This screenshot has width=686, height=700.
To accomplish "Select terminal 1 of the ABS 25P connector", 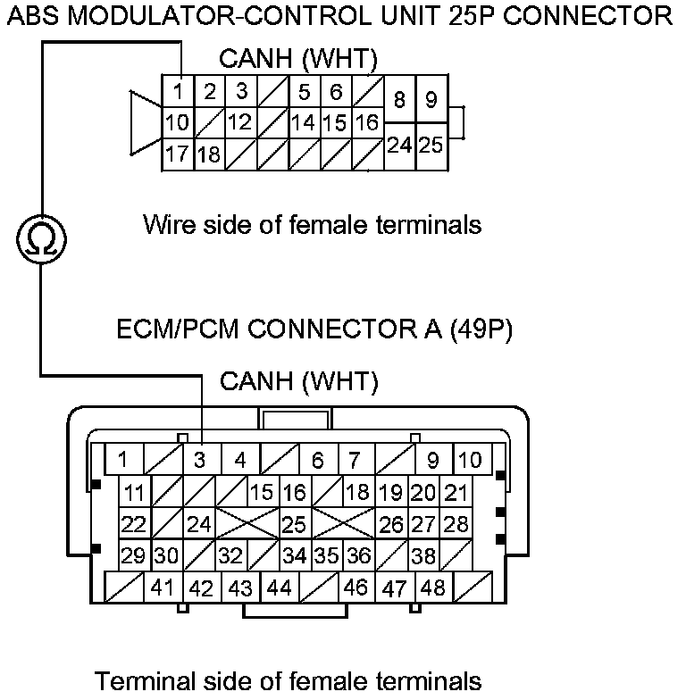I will click(x=179, y=92).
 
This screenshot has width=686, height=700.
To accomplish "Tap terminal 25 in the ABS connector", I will click(x=431, y=144).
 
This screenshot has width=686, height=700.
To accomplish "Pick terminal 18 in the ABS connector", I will click(x=209, y=154).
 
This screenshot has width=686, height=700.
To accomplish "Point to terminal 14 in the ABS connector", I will click(x=303, y=122).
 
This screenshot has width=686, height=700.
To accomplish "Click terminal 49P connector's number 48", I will click(x=433, y=588).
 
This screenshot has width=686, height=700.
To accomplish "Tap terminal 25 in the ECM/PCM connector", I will click(x=294, y=524).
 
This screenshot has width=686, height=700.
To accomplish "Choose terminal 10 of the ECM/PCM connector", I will click(x=469, y=461).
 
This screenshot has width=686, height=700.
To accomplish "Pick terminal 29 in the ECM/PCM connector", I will click(x=134, y=555).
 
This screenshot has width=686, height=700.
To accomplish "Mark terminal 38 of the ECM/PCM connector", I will click(x=422, y=555).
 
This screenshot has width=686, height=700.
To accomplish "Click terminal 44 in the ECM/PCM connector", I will click(x=279, y=588).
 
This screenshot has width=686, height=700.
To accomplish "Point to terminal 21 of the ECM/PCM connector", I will click(x=456, y=492).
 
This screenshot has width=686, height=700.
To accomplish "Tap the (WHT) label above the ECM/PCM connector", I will click(x=339, y=382).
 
